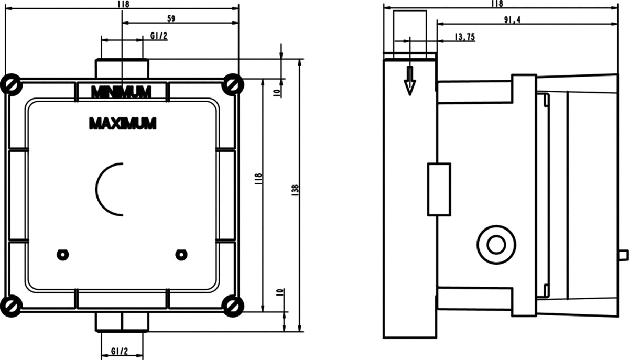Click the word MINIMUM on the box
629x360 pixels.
(121, 92)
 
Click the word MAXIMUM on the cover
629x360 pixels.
(123, 124)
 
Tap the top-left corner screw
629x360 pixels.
(11, 84)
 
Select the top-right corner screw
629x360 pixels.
(233, 84)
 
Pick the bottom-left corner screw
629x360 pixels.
(11, 306)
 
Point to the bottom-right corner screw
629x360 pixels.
(233, 306)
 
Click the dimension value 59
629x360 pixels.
(171, 19)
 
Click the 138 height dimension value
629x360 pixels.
(295, 190)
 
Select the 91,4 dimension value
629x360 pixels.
(513, 20)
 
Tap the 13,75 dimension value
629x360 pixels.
(465, 37)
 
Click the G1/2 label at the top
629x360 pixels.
(159, 36)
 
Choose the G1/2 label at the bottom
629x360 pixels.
(120, 351)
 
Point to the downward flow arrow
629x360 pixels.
(410, 81)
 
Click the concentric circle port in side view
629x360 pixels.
(496, 245)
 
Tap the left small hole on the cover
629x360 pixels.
(62, 255)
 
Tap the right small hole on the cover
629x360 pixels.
(181, 255)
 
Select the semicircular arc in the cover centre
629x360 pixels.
(96, 190)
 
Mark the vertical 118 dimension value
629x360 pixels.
(258, 179)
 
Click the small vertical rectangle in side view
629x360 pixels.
(439, 190)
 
